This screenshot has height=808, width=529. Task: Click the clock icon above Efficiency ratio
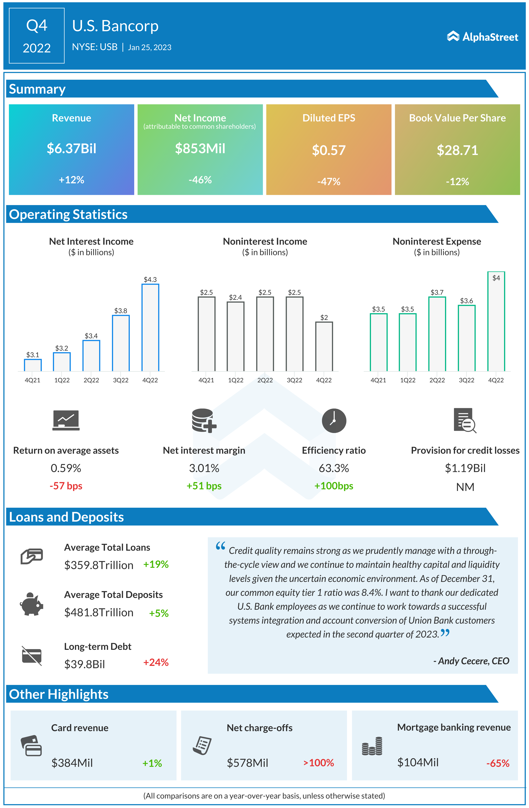334,421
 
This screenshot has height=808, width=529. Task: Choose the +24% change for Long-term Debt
156,662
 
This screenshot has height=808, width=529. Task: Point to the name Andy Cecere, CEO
471,661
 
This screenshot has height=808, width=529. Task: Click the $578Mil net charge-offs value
247,763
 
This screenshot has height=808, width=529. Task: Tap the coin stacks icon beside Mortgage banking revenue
372,746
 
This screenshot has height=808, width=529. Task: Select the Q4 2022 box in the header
37,36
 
